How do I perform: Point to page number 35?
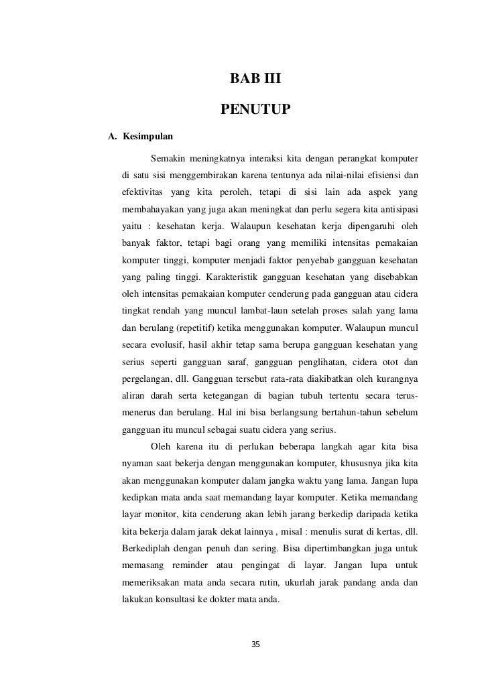coord(255,644)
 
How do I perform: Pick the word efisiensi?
coord(383,176)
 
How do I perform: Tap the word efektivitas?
coord(143,194)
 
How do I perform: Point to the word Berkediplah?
coord(147,550)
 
